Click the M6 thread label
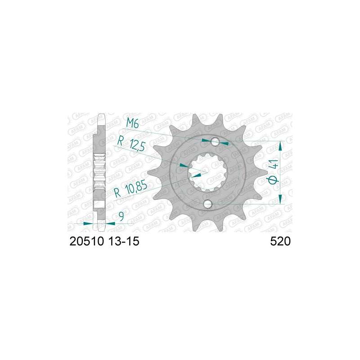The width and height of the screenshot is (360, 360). [132, 124]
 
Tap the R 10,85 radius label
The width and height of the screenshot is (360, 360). [130, 189]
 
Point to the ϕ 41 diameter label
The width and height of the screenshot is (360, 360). [274, 171]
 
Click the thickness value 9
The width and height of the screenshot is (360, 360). [121, 216]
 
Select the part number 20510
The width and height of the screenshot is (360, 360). [87, 241]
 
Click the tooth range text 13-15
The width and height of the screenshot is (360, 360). [123, 241]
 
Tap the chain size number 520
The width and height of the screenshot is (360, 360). [280, 241]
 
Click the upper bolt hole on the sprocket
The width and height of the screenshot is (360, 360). [215, 142]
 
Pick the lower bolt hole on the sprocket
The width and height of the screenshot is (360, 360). [208, 204]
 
